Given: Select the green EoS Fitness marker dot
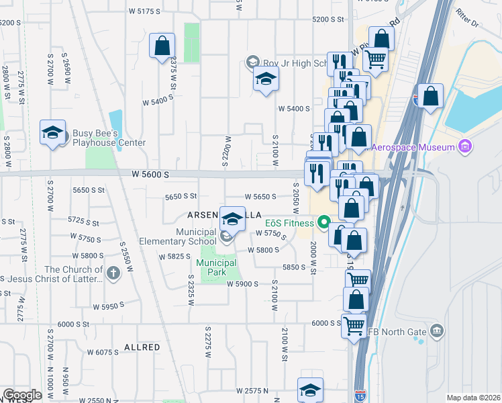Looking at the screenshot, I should point(323,221).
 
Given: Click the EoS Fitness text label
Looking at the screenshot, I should point(289,223).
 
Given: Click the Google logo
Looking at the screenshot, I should point(22,395).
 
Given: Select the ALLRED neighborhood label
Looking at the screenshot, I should point(142,347).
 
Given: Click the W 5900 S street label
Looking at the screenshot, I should point(242,284).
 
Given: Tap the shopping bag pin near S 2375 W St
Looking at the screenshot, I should point(162,46).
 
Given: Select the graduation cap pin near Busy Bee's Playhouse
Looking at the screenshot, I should point(52,132).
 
